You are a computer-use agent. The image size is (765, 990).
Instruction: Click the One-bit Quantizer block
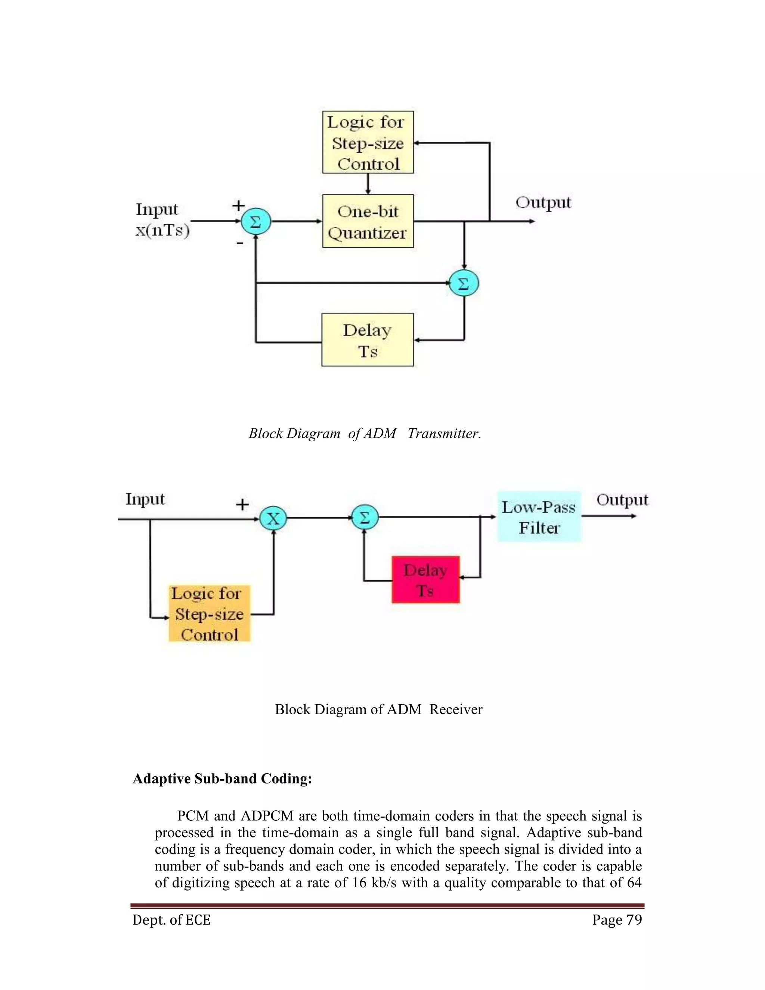tap(368, 221)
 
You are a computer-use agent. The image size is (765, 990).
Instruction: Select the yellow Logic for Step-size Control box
tap(368, 142)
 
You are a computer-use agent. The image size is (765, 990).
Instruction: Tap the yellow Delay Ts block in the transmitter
tap(368, 340)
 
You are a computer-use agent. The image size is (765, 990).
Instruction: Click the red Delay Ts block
tap(425, 580)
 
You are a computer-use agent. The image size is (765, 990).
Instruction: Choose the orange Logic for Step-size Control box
tap(210, 613)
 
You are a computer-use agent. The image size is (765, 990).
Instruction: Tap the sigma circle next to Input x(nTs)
tap(255, 222)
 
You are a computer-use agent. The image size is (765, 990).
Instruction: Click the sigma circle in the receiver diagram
tap(364, 517)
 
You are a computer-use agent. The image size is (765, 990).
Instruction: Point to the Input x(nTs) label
tap(162, 220)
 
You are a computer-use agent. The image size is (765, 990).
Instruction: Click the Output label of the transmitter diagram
tap(543, 202)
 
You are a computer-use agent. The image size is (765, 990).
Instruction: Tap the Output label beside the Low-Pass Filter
tap(622, 500)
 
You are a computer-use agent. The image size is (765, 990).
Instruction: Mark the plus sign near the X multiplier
tap(242, 504)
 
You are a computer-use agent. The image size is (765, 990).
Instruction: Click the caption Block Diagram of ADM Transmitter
tap(364, 433)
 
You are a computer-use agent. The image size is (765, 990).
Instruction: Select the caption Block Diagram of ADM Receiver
tap(378, 709)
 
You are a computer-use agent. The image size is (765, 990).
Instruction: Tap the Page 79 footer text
tap(617, 920)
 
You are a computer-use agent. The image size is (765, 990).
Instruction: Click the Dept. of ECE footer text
tap(172, 920)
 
